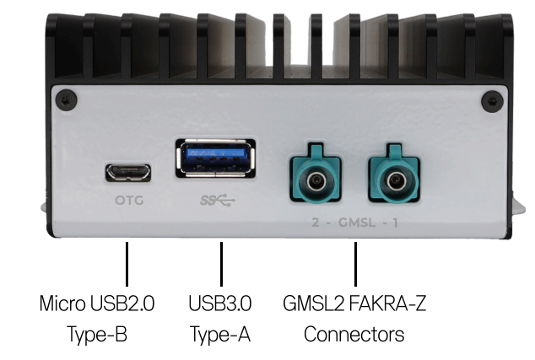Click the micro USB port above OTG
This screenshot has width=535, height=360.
click(x=128, y=173)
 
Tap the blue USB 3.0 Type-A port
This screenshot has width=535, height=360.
click(x=215, y=159)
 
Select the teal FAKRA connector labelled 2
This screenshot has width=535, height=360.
click(x=316, y=173)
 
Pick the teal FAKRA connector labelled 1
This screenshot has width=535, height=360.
click(x=394, y=173)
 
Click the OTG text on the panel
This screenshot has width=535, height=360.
click(x=129, y=200)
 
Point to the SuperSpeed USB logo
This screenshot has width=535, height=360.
click(x=218, y=201)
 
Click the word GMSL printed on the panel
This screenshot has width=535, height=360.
click(x=357, y=223)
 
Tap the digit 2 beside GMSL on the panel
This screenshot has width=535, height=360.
click(x=316, y=223)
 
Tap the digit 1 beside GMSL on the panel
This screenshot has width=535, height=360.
click(x=396, y=223)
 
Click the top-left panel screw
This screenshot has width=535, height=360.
click(x=66, y=100)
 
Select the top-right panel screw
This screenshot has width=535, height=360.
click(x=492, y=101)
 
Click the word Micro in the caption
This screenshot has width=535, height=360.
click(x=62, y=303)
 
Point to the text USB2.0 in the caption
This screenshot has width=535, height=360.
click(x=122, y=304)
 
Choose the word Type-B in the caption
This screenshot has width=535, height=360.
click(x=97, y=335)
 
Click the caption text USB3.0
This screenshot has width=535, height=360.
click(x=220, y=304)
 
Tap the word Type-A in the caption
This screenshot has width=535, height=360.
click(x=220, y=335)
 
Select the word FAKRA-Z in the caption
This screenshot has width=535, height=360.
click(x=388, y=304)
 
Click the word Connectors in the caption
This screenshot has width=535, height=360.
click(x=354, y=335)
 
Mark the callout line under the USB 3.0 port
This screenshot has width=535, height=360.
click(x=221, y=264)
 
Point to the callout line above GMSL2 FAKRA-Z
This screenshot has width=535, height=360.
click(x=355, y=264)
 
